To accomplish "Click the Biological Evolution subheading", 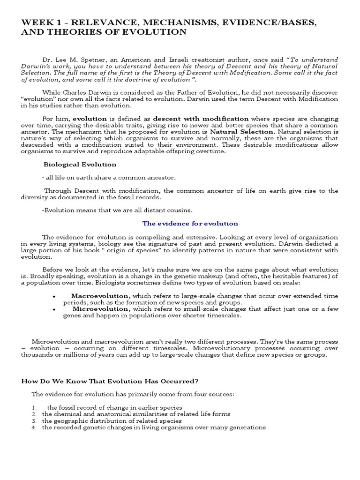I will (80, 165).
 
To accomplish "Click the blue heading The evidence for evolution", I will (190, 224).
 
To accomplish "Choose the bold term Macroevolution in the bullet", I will (100, 296).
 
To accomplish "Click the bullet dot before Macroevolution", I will (54, 297).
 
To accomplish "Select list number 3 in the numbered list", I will (34, 420).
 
